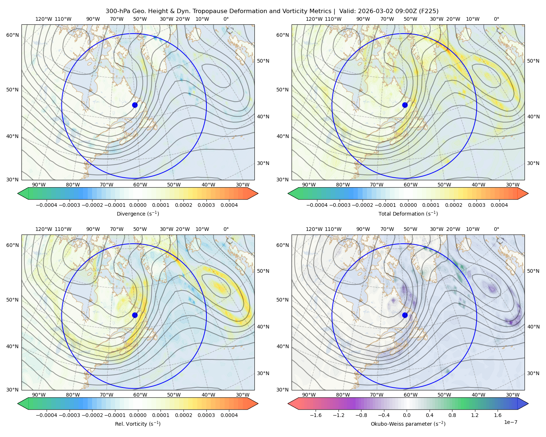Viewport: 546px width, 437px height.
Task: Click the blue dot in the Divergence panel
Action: tap(135, 105)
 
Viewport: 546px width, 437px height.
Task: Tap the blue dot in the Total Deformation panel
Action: tap(405, 105)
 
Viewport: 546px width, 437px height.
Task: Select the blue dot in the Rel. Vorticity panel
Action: tap(135, 315)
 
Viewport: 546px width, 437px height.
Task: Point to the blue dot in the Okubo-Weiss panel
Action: tap(405, 315)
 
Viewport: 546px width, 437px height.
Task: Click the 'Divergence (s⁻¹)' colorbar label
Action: tap(138, 214)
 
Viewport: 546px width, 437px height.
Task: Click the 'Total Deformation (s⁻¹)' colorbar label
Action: tap(408, 214)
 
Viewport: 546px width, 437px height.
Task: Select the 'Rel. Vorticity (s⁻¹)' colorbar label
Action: tap(138, 424)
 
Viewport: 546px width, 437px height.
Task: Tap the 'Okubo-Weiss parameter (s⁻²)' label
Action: tap(408, 424)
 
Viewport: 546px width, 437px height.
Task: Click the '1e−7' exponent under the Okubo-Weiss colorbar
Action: tap(510, 422)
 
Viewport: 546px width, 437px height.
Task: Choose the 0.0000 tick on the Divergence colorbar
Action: tap(138, 205)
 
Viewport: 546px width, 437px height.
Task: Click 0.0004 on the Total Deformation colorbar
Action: tap(499, 205)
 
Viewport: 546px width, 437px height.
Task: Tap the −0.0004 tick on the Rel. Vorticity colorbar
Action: tap(47, 415)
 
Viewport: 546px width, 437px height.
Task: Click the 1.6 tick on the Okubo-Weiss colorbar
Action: tap(498, 415)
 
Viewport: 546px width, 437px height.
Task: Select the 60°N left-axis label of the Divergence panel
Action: tap(12, 35)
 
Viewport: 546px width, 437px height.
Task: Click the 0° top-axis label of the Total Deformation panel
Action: tap(496, 19)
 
